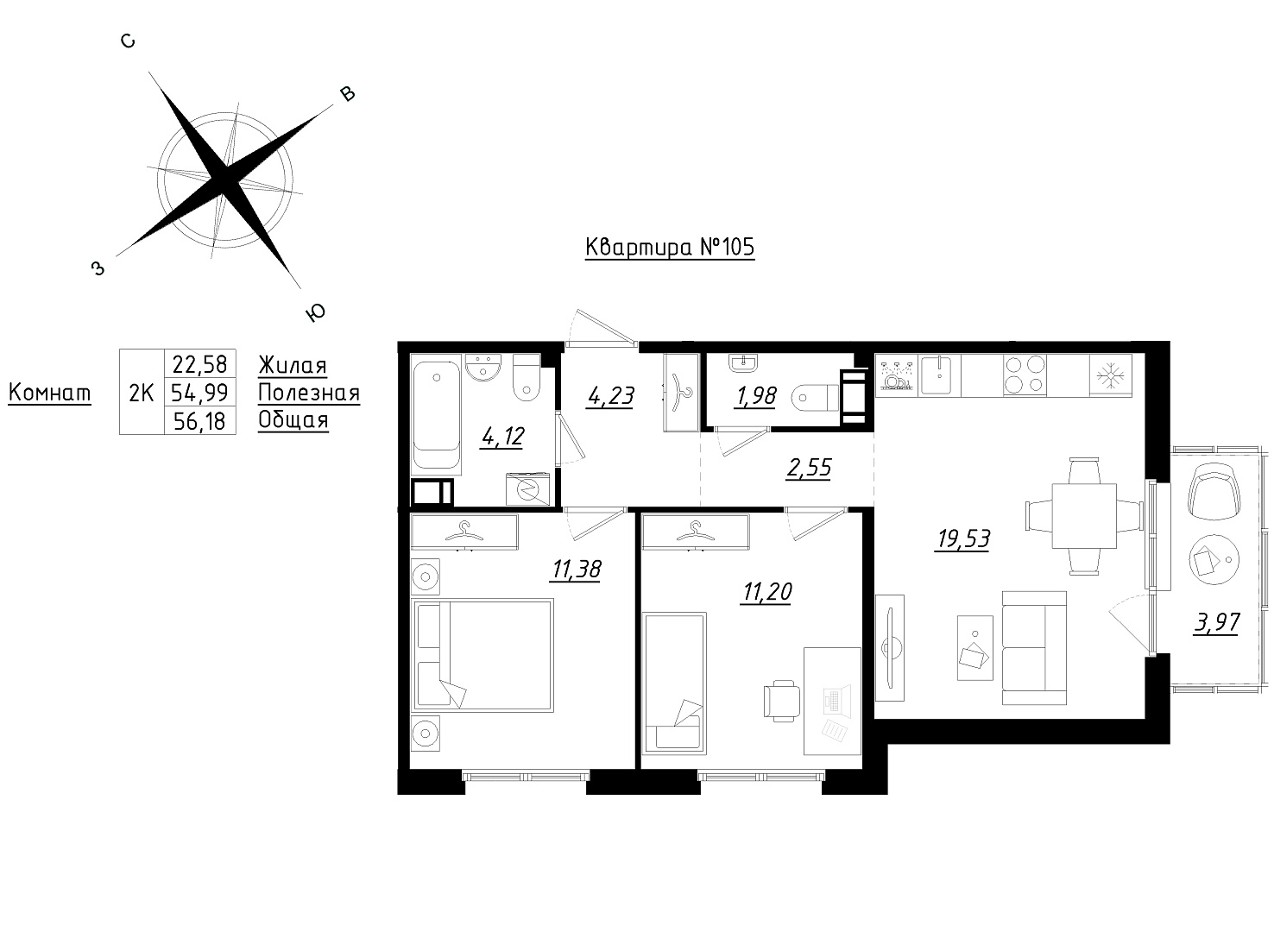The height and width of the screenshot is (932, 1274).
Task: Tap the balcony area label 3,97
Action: [1216, 623]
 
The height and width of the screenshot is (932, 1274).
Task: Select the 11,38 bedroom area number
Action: [576, 570]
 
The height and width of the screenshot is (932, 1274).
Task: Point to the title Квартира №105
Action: [670, 248]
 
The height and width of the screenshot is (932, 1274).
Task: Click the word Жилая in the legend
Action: [293, 365]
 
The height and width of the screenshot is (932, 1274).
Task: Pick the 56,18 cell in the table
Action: [199, 421]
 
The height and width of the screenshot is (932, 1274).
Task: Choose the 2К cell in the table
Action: [142, 393]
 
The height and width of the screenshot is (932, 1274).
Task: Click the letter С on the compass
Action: [128, 41]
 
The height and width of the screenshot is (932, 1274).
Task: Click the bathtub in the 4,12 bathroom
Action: [436, 415]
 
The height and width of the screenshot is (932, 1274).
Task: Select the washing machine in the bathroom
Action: [528, 489]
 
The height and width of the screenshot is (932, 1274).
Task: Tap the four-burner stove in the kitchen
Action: [1025, 375]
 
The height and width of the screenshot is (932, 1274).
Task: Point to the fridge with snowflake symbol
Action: [1110, 375]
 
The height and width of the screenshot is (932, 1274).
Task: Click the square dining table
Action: [1084, 516]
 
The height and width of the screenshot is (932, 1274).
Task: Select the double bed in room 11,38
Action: [482, 655]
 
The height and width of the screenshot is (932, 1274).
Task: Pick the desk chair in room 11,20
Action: [782, 701]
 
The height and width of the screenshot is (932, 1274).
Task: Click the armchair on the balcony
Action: [1214, 492]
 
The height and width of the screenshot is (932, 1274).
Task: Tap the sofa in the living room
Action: [1034, 648]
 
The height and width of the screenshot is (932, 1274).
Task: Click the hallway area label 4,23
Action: [611, 396]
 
